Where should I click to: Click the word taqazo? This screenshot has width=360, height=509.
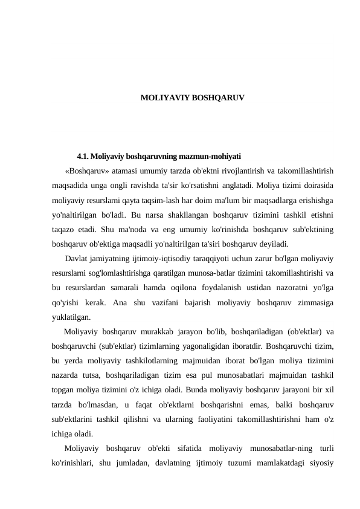pos(64,230)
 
